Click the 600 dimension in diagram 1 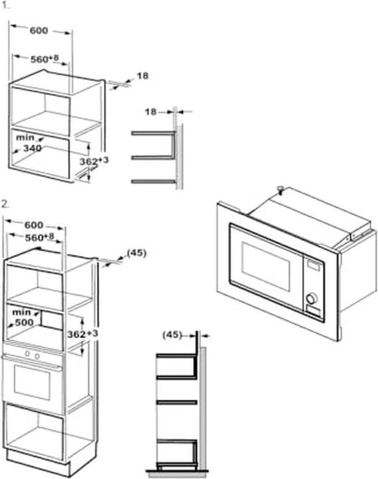click(39, 31)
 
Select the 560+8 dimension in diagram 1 click(45, 59)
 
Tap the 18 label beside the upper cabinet click(142, 75)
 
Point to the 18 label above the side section click(150, 112)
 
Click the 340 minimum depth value click(33, 148)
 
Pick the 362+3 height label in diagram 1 click(94, 161)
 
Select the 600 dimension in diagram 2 click(34, 225)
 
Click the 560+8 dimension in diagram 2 click(39, 238)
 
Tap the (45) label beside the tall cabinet click(136, 253)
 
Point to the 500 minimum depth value click(24, 322)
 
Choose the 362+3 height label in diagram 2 click(83, 334)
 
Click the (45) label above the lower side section click(172, 335)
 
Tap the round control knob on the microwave click(311, 299)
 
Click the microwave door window click(266, 266)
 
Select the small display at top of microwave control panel click(313, 265)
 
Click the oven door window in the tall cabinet click(32, 383)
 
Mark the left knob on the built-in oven click(27, 354)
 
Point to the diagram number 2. click(5, 204)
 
